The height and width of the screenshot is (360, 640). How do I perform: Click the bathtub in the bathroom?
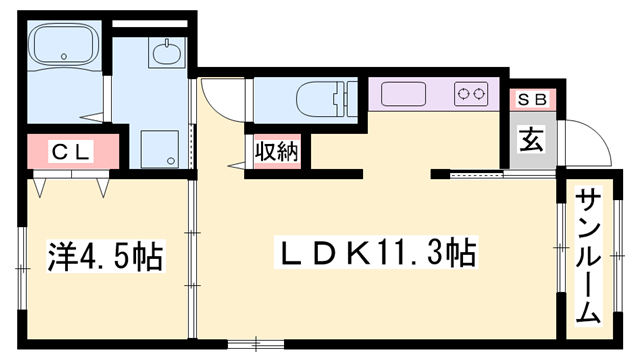(x=65, y=45)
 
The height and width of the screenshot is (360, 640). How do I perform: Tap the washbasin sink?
(x=167, y=53)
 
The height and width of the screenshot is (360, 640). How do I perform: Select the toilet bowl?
(x=317, y=100)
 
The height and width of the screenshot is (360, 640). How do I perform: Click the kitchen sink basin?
(x=403, y=94)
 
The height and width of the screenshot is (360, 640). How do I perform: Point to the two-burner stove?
(x=471, y=94)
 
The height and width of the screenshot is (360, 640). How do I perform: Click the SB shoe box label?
(x=532, y=100)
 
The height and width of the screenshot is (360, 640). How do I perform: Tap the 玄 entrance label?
(x=531, y=139)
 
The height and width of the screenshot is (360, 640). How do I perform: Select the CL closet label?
(x=71, y=152)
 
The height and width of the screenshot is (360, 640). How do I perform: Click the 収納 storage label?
(x=277, y=151)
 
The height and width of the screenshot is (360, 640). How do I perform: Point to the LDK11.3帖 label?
(x=376, y=253)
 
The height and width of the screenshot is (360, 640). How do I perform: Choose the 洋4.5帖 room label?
(x=105, y=257)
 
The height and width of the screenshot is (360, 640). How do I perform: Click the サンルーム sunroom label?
(x=589, y=256)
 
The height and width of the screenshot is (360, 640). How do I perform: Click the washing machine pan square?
(x=160, y=149)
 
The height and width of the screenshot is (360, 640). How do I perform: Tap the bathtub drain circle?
(x=63, y=56)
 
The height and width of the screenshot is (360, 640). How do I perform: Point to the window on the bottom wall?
(x=256, y=344)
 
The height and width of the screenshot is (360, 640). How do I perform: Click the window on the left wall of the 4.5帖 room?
(x=22, y=268)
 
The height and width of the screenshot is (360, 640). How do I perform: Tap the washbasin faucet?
(x=167, y=43)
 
